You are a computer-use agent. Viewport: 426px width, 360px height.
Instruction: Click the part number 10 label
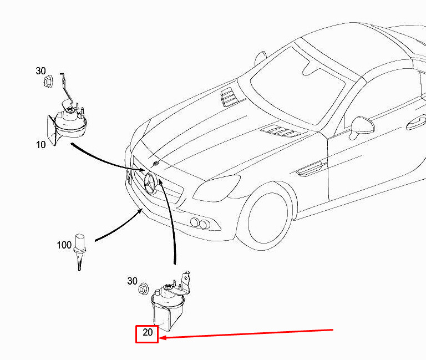[41, 145]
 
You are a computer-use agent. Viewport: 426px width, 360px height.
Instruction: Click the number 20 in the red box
[148, 333]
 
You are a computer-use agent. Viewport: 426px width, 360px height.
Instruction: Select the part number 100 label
[64, 244]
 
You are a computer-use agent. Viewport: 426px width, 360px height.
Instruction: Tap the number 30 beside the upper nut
[41, 71]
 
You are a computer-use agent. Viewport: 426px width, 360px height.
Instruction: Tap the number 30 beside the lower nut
[132, 281]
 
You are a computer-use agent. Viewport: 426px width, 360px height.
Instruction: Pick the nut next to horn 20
[143, 289]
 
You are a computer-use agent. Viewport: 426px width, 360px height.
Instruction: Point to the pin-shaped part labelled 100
[80, 250]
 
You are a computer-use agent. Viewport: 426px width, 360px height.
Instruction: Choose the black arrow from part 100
[117, 227]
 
